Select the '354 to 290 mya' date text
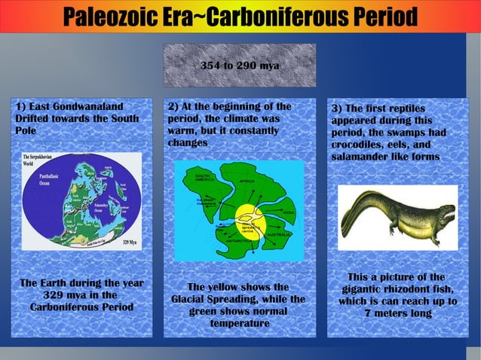click(x=240, y=66)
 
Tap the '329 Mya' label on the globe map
click(x=129, y=243)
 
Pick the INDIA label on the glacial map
click(x=287, y=213)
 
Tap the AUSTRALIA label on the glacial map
click(x=281, y=234)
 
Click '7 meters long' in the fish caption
click(x=397, y=313)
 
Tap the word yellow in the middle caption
click(x=229, y=287)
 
